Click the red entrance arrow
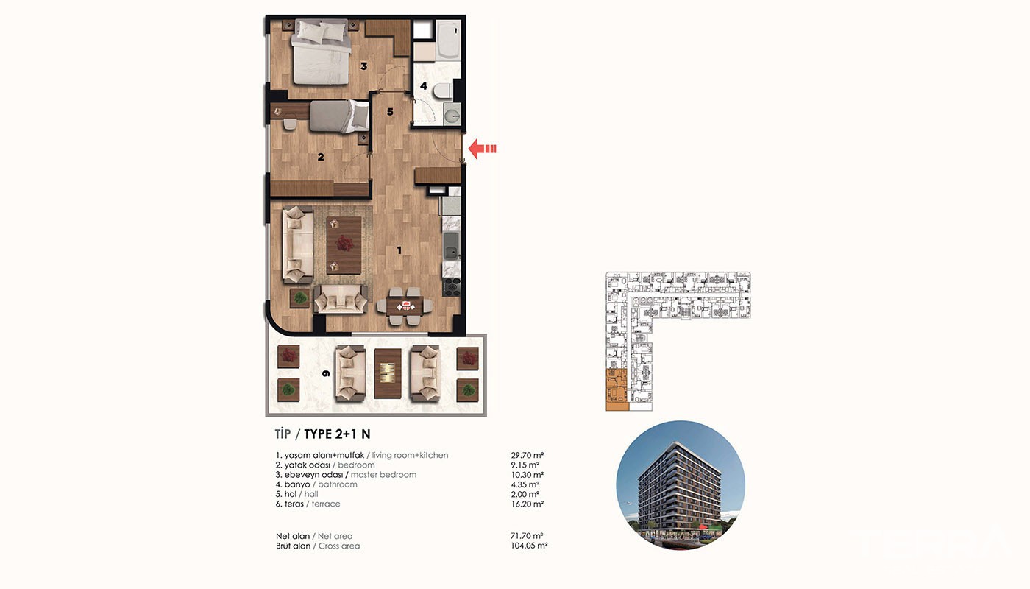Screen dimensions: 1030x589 [482, 149]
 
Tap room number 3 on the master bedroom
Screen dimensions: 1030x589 [363, 66]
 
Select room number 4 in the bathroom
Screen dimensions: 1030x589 [424, 86]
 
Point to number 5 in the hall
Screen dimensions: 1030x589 [390, 112]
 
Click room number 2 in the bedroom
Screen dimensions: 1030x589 [321, 157]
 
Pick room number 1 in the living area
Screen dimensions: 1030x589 [399, 250]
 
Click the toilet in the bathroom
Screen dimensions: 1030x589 [443, 90]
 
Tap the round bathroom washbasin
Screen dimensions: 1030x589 [452, 113]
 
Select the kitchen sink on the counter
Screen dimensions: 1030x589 [451, 245]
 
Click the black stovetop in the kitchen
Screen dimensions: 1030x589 [452, 286]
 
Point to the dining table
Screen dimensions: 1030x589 [405, 306]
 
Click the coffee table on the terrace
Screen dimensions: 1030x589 [388, 373]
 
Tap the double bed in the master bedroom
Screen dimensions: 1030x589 [321, 52]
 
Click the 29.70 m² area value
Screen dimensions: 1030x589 [527, 455]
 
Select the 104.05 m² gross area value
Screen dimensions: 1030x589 [529, 546]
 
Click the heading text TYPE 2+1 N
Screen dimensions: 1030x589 [337, 434]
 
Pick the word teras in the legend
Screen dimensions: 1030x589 [294, 504]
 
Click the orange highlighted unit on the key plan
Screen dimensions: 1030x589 [617, 389]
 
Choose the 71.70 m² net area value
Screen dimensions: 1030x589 [527, 536]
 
